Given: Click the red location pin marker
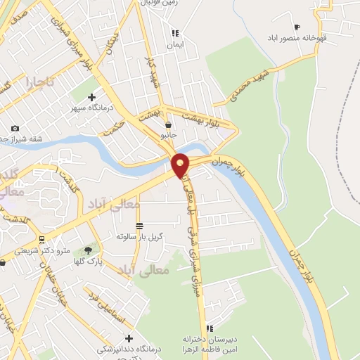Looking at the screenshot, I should [x=181, y=165].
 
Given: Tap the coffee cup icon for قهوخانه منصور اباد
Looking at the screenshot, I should [x=297, y=27].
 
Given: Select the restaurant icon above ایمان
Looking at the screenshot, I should [x=174, y=32].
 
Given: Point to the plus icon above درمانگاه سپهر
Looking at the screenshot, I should [x=92, y=98].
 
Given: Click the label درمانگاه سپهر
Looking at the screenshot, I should [x=87, y=109].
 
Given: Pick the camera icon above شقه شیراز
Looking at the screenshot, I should [x=15, y=128].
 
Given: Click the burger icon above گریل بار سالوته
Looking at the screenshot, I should [x=139, y=226].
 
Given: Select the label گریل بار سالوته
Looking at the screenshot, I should [x=140, y=236].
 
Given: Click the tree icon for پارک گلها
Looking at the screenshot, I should [x=89, y=250].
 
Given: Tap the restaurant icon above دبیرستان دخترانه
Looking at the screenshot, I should [x=209, y=328].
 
